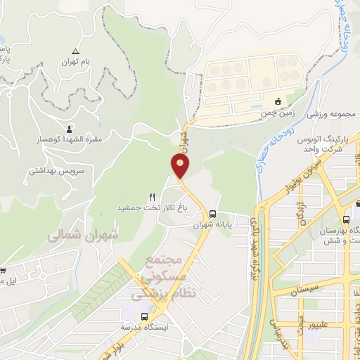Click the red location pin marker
181,166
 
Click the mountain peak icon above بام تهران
76,51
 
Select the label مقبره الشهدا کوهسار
70,139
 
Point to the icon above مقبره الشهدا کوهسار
69,129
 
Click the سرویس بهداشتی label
58,170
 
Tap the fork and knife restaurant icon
152,197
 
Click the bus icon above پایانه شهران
212,214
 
